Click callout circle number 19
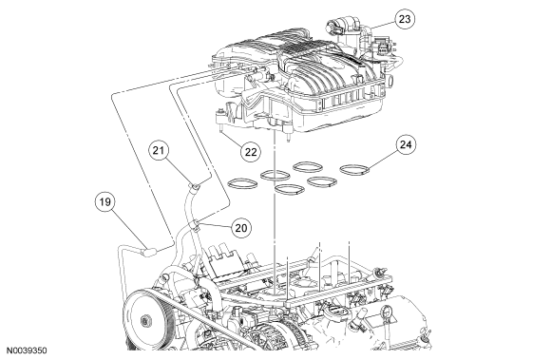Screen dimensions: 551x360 105,202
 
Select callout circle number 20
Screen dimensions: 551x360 241,228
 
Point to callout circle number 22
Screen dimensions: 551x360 251,152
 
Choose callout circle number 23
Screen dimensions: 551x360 405,19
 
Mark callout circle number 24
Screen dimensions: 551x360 406,144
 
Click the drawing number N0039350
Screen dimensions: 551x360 27,351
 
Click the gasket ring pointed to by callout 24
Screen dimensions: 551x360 355,169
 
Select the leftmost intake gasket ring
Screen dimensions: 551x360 242,183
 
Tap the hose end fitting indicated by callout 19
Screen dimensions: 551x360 149,252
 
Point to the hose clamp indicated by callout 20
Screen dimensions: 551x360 195,225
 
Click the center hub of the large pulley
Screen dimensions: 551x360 144,321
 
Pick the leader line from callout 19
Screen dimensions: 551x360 128,229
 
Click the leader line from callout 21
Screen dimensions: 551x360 179,171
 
